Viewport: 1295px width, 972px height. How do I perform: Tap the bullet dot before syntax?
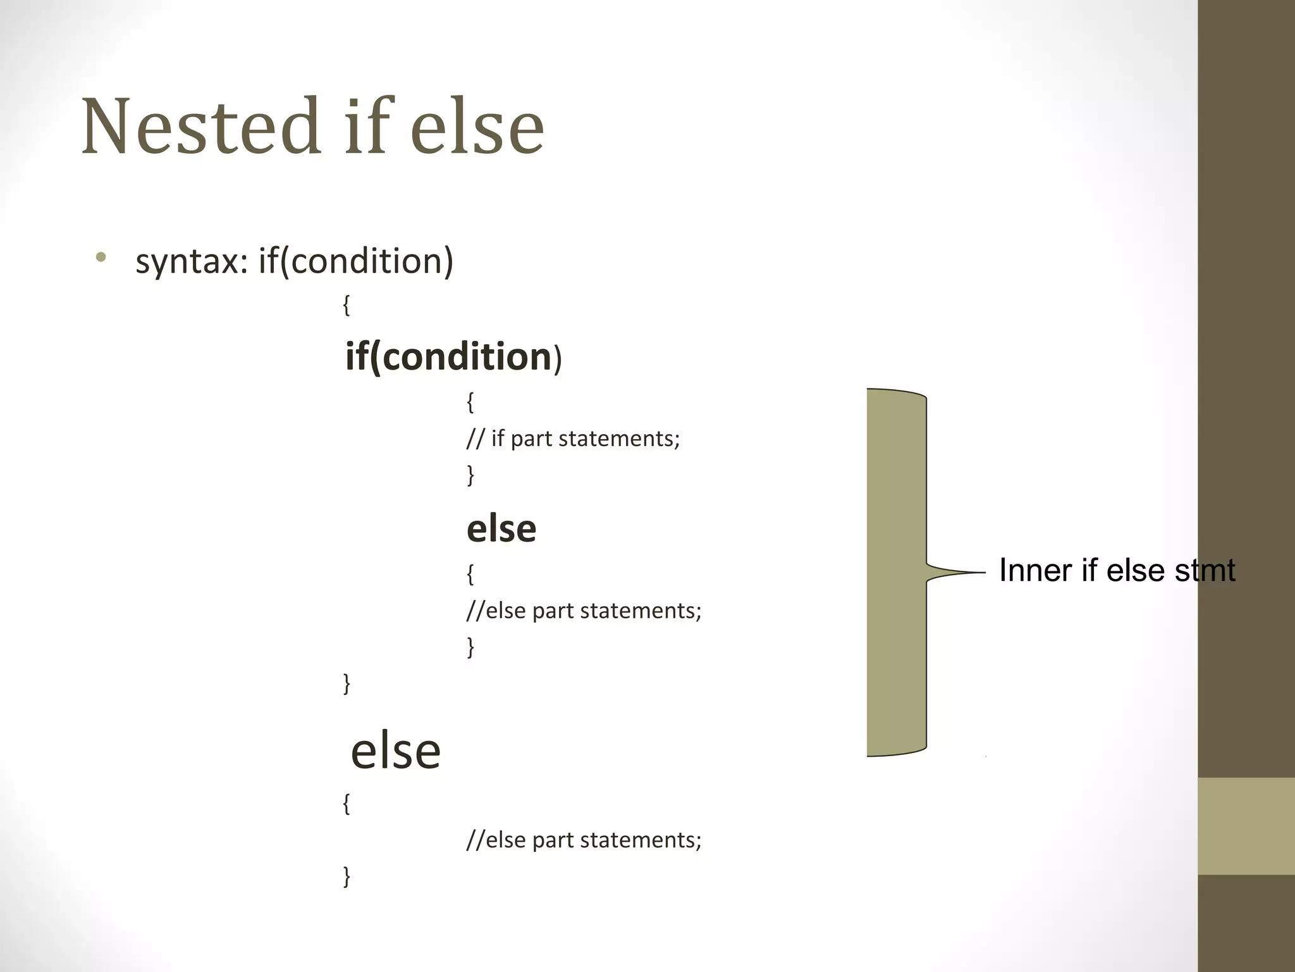[x=100, y=258]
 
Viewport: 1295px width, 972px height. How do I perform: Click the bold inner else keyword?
[x=501, y=528]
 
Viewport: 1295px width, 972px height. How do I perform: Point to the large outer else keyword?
[x=396, y=751]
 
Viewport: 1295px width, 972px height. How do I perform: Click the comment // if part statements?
[x=573, y=439]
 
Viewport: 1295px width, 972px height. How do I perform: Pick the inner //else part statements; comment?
[x=584, y=611]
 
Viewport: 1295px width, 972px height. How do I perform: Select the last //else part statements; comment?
[x=584, y=840]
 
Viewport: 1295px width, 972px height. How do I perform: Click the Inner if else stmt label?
[x=1117, y=570]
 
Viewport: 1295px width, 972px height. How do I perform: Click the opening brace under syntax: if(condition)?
[x=346, y=306]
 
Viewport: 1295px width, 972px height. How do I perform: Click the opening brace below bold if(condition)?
[x=470, y=402]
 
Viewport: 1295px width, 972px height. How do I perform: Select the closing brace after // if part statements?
[x=470, y=475]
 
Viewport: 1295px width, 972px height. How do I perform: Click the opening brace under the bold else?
[x=470, y=574]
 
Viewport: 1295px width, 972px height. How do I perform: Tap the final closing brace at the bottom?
[x=346, y=876]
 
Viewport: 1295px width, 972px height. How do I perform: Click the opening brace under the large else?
[x=346, y=804]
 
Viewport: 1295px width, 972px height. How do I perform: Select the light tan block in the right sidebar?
[x=1246, y=826]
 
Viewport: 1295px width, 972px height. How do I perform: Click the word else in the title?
[x=477, y=126]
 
